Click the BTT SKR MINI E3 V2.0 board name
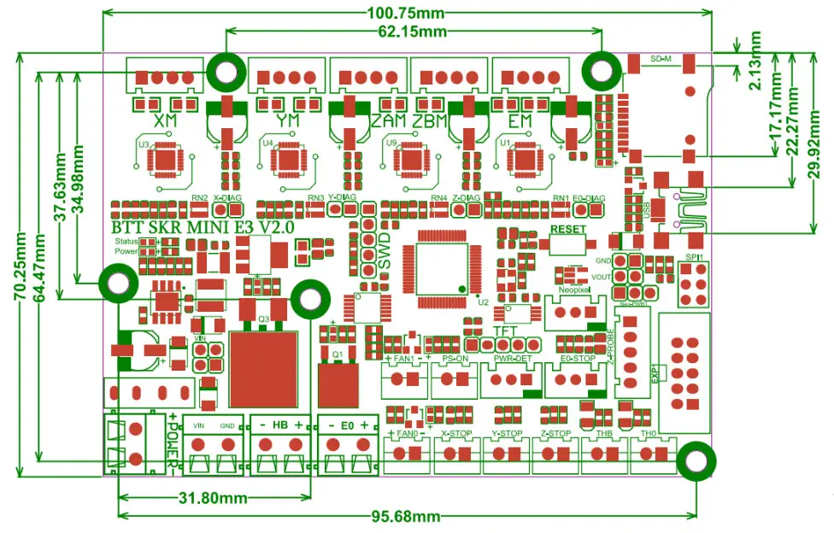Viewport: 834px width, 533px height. [203, 228]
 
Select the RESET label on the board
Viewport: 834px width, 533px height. [567, 230]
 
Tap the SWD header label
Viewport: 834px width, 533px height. [384, 251]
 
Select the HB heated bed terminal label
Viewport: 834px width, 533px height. [279, 425]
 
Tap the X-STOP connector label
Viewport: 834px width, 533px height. [458, 434]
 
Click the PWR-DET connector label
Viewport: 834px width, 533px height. [508, 359]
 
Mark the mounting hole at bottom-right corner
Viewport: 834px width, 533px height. [696, 460]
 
